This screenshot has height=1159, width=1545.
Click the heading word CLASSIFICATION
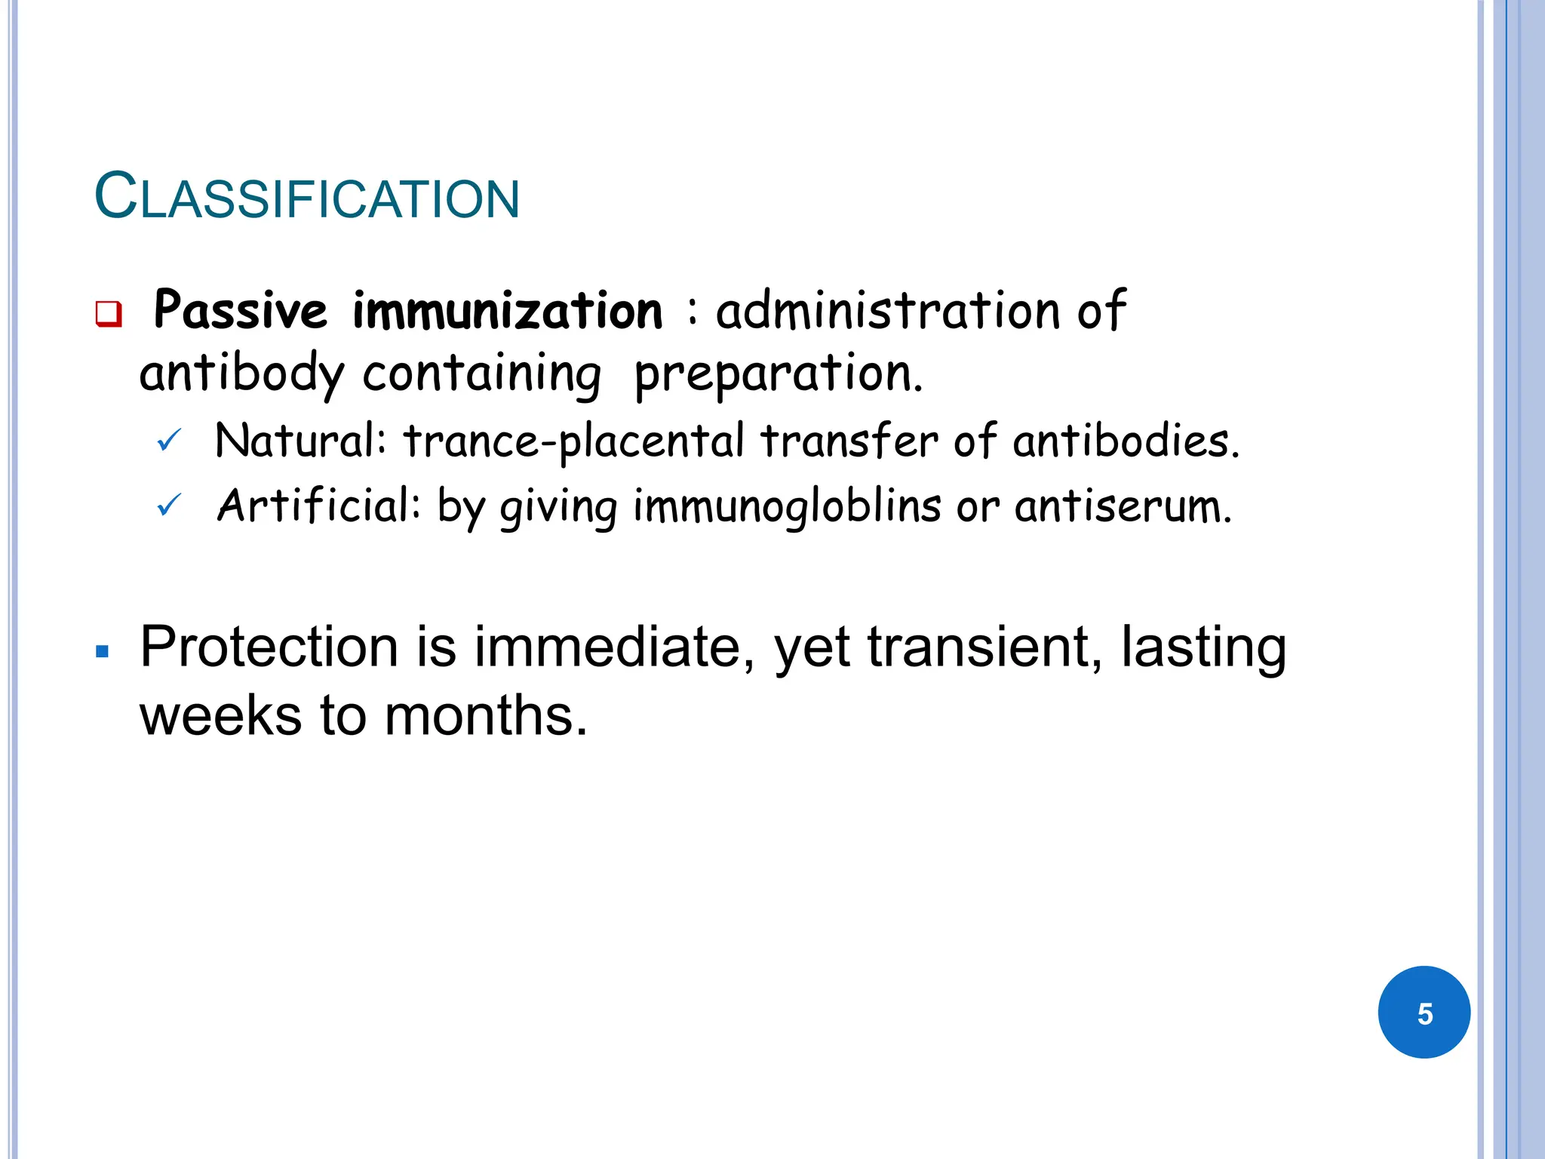point(307,197)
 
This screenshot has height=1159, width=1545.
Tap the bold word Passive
point(241,310)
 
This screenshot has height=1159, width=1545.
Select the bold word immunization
point(507,310)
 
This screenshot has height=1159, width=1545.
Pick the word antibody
point(241,374)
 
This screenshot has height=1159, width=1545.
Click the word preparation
point(777,374)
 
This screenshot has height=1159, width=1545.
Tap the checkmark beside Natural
point(168,440)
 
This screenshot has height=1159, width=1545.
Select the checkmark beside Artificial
point(168,505)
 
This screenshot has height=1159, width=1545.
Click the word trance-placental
point(573,441)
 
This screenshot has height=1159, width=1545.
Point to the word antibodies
point(1125,441)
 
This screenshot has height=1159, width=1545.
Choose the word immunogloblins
point(787,506)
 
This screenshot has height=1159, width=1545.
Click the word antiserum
point(1123,506)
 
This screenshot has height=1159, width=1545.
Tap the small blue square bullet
point(103,651)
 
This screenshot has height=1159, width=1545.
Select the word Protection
point(269,647)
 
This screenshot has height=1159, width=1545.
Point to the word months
point(485,715)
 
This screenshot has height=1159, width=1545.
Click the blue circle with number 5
point(1424,1012)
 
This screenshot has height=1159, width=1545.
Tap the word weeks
point(220,715)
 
